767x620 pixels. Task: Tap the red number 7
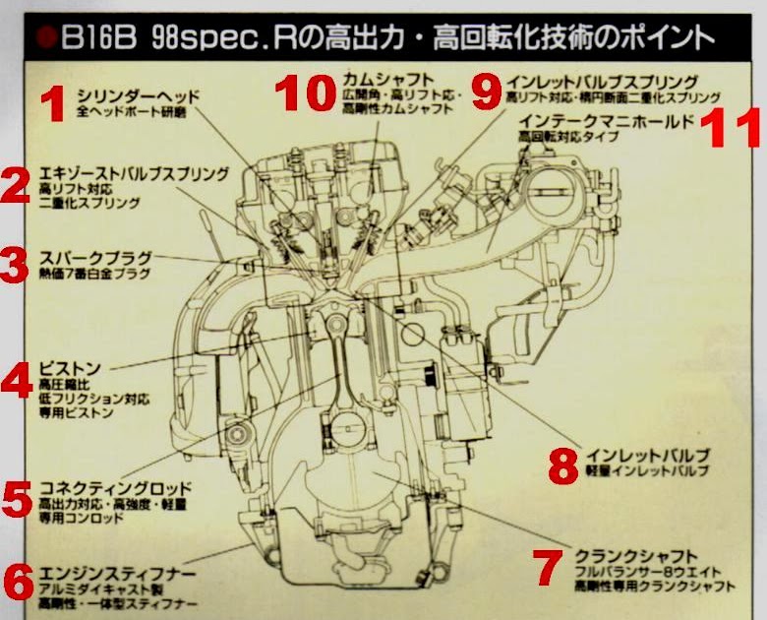point(545,567)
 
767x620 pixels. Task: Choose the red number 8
point(562,465)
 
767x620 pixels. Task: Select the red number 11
point(734,129)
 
